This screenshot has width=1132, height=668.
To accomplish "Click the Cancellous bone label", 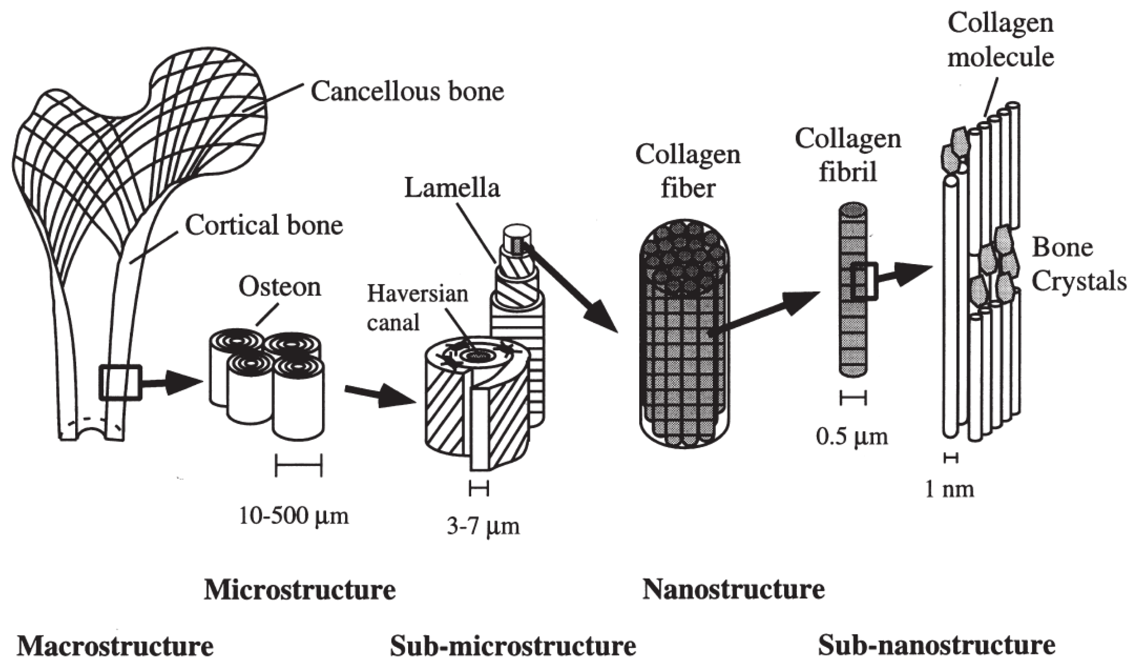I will point(407,92).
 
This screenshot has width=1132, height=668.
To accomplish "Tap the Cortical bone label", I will point(264,225).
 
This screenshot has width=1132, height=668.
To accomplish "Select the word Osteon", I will point(280,287).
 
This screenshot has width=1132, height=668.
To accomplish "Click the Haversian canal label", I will point(417,308).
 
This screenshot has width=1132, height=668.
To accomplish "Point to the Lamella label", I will point(452,188).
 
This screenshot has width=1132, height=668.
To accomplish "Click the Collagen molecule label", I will point(1001,40).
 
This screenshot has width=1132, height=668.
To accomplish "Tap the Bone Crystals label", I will point(1078,265).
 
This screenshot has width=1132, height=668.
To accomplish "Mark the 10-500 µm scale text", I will point(294,516).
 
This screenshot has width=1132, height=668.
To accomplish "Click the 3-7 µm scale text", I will point(483,527).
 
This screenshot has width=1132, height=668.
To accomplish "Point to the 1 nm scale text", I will point(949,489).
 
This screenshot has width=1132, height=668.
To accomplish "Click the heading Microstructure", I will point(300,590).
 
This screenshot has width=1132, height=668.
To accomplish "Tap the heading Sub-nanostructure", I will point(936,645).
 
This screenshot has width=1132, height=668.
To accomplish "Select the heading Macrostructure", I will point(115,646).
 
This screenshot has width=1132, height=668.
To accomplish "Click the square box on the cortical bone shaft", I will point(120,383).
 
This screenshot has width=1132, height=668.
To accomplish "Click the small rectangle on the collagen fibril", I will point(863,281).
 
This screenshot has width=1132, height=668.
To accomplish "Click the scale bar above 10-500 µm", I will point(299,465).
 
